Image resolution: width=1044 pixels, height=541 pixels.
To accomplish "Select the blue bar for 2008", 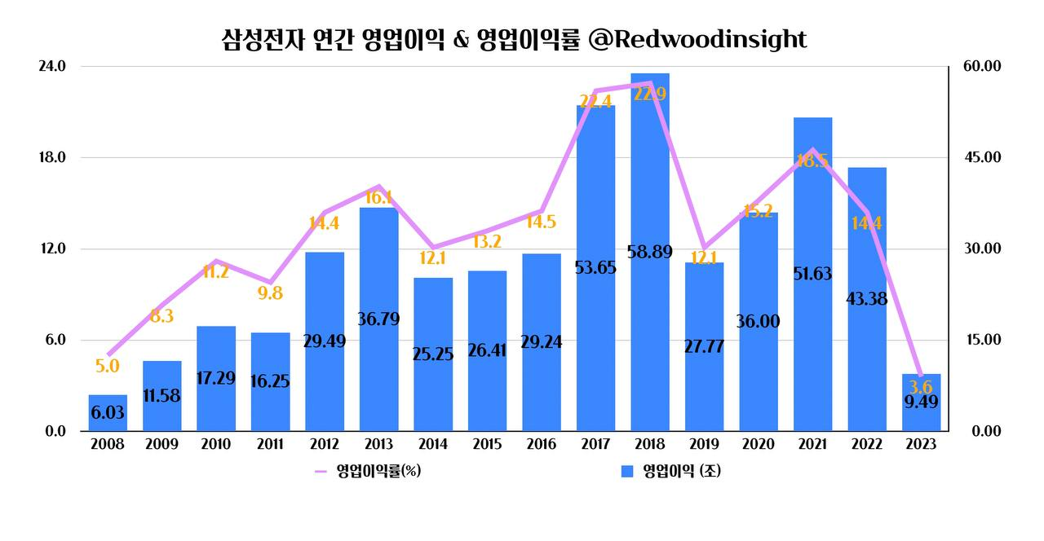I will (x=108, y=413).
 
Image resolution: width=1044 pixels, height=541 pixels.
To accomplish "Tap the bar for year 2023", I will (x=921, y=402).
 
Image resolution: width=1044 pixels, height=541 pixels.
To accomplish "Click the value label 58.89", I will (x=650, y=252).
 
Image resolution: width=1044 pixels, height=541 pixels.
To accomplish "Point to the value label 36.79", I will (x=378, y=319).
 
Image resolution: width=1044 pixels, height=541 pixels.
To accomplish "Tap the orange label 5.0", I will (x=108, y=367).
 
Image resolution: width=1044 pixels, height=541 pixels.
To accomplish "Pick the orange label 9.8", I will (x=270, y=293).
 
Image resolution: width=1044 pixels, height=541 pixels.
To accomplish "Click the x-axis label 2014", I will (x=432, y=445).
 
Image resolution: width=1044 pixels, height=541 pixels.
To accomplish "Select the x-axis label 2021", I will (x=812, y=445).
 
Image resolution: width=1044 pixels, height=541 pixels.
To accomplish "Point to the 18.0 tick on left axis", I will (x=52, y=157).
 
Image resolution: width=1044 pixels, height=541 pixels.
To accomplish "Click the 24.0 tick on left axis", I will (x=52, y=66).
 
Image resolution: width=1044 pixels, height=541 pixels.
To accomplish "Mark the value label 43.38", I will (x=867, y=299).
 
